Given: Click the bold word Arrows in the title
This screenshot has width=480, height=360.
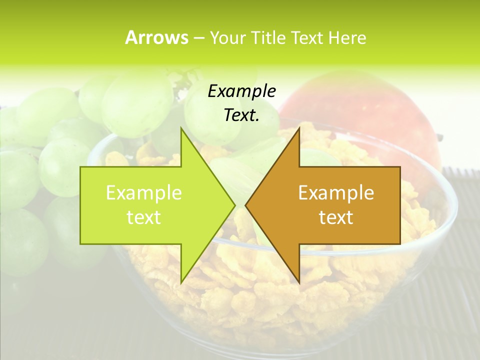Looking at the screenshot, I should (x=156, y=37).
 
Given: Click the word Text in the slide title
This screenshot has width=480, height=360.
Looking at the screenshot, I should (x=308, y=37).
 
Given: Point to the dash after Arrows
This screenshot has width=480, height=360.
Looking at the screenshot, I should (x=198, y=38).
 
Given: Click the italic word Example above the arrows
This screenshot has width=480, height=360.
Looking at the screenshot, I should (x=241, y=91).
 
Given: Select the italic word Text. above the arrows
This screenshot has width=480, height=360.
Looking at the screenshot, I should (x=241, y=115).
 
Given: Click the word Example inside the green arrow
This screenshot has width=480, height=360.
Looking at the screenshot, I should (x=144, y=192).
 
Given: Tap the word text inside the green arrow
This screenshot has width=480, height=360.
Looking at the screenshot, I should (x=144, y=217).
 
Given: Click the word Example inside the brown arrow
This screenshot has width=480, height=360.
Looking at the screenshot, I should (x=336, y=192).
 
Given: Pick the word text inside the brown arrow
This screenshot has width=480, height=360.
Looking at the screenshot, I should (x=336, y=217).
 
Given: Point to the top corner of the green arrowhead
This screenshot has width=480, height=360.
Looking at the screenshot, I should (x=181, y=129).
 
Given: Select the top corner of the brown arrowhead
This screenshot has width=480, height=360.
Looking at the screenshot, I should (x=299, y=129).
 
